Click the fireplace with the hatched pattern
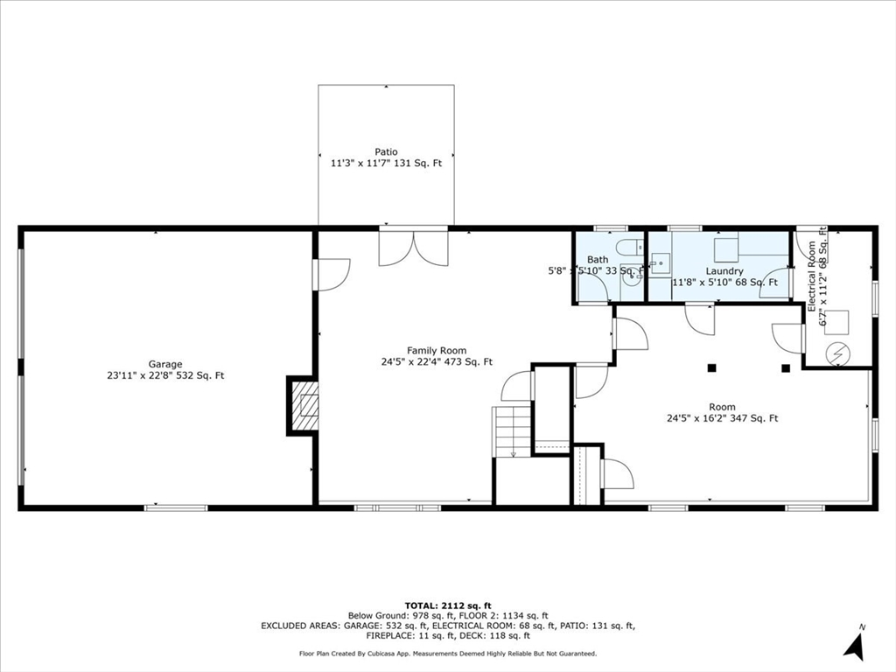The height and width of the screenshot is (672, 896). [x=303, y=406]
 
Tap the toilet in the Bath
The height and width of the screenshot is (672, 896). [x=627, y=248]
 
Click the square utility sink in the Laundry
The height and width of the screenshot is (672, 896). [x=660, y=262]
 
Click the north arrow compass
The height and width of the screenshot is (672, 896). [x=854, y=644]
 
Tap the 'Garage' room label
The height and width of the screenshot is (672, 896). [x=165, y=364]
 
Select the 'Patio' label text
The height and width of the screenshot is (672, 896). [x=386, y=152]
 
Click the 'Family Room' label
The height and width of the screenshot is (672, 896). [x=437, y=350]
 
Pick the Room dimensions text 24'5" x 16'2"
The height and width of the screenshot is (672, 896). [x=722, y=418]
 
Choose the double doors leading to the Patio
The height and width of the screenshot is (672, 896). [x=413, y=248]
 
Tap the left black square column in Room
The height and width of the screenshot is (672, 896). [x=712, y=367]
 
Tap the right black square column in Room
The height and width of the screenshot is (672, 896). [x=786, y=367]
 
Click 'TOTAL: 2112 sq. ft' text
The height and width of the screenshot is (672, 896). [x=448, y=605]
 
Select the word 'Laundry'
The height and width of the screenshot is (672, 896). [x=724, y=271]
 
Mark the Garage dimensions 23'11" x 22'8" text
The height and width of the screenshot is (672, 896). [x=165, y=376]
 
